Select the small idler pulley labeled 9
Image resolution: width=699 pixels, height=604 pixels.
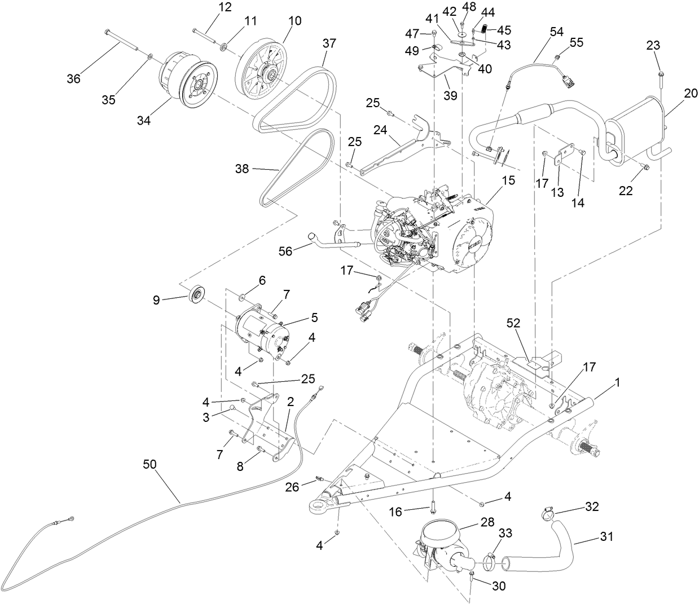pos(197,294)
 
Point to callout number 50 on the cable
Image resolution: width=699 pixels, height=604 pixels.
pos(150,464)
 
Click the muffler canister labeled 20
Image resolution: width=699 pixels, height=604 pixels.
pos(635,133)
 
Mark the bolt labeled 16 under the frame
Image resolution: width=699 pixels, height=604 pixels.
pos(433,506)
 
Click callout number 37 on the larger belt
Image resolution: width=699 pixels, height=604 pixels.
pos(329,43)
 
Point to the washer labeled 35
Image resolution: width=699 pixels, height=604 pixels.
pos(150,58)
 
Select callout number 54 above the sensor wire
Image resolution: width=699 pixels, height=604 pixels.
pos(556,32)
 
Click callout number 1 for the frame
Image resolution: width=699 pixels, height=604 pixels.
pos(617,382)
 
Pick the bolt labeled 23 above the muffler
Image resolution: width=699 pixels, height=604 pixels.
pos(659,80)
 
